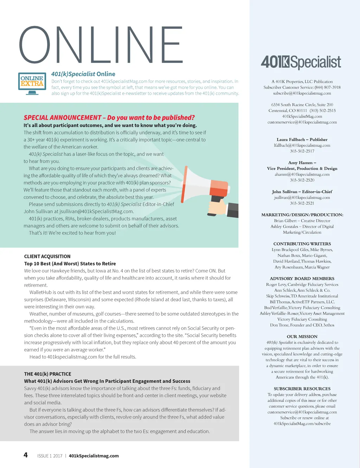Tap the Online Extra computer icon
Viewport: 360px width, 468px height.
click(32, 83)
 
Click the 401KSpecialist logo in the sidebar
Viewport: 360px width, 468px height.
click(301, 62)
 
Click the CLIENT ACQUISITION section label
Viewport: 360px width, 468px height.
click(47, 257)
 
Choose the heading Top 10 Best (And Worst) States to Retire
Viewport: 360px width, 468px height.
click(70, 264)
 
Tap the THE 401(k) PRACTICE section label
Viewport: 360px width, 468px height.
click(47, 374)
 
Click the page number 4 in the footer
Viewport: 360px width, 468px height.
click(26, 455)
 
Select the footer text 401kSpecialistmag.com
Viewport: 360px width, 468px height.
click(94, 456)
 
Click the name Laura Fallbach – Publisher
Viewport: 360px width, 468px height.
click(302, 139)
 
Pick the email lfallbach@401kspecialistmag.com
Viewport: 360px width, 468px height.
click(302, 145)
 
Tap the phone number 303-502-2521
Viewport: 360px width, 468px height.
click(302, 203)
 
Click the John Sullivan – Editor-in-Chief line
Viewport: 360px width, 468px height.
click(302, 192)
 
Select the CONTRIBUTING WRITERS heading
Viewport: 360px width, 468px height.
click(302, 244)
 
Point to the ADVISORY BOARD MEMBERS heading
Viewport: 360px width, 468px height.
click(302, 279)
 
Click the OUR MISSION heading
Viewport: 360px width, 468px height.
click(302, 337)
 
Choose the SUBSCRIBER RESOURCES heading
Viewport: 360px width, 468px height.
click(302, 389)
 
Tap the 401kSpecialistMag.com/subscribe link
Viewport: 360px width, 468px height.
click(302, 424)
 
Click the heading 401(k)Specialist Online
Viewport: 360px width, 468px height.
click(83, 74)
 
